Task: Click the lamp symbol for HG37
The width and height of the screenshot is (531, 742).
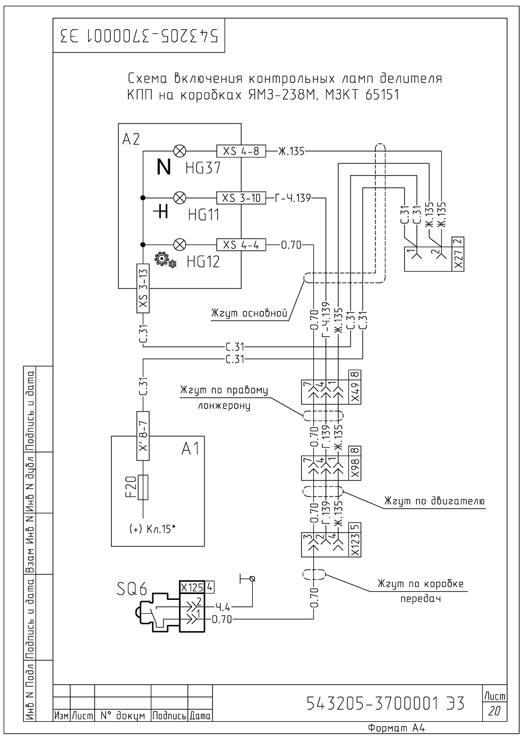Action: (180, 151)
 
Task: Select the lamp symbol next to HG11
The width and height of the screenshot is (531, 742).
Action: (180, 198)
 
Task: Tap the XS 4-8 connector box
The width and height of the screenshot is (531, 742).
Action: (241, 151)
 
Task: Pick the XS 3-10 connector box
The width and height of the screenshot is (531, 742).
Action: (241, 198)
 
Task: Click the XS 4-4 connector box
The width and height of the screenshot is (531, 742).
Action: (241, 245)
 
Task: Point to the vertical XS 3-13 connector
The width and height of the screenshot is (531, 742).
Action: (143, 288)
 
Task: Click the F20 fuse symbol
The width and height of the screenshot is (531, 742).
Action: (143, 487)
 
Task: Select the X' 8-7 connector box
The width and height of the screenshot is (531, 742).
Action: (143, 436)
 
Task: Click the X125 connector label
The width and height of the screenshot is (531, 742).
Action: (192, 587)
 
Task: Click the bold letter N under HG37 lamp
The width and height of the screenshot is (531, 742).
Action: (164, 167)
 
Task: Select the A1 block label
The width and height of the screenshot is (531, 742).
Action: (191, 449)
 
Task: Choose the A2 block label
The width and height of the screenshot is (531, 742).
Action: (131, 139)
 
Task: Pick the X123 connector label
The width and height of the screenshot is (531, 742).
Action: (355, 545)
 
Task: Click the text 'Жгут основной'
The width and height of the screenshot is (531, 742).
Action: (249, 313)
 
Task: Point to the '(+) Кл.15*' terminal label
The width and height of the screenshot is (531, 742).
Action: (152, 529)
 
